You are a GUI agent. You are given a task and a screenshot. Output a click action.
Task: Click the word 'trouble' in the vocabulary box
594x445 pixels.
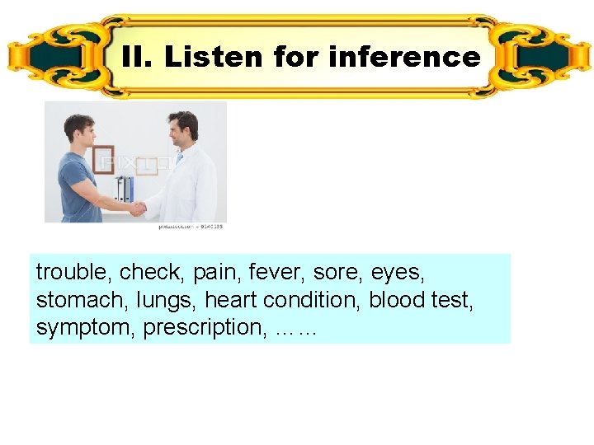[x=74, y=271]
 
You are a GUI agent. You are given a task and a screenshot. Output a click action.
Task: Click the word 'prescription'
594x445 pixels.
[x=203, y=327]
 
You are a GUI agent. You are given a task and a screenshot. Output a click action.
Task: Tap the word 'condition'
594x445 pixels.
[x=307, y=299]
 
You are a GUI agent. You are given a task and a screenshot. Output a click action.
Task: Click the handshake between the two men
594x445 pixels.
[x=137, y=208]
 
